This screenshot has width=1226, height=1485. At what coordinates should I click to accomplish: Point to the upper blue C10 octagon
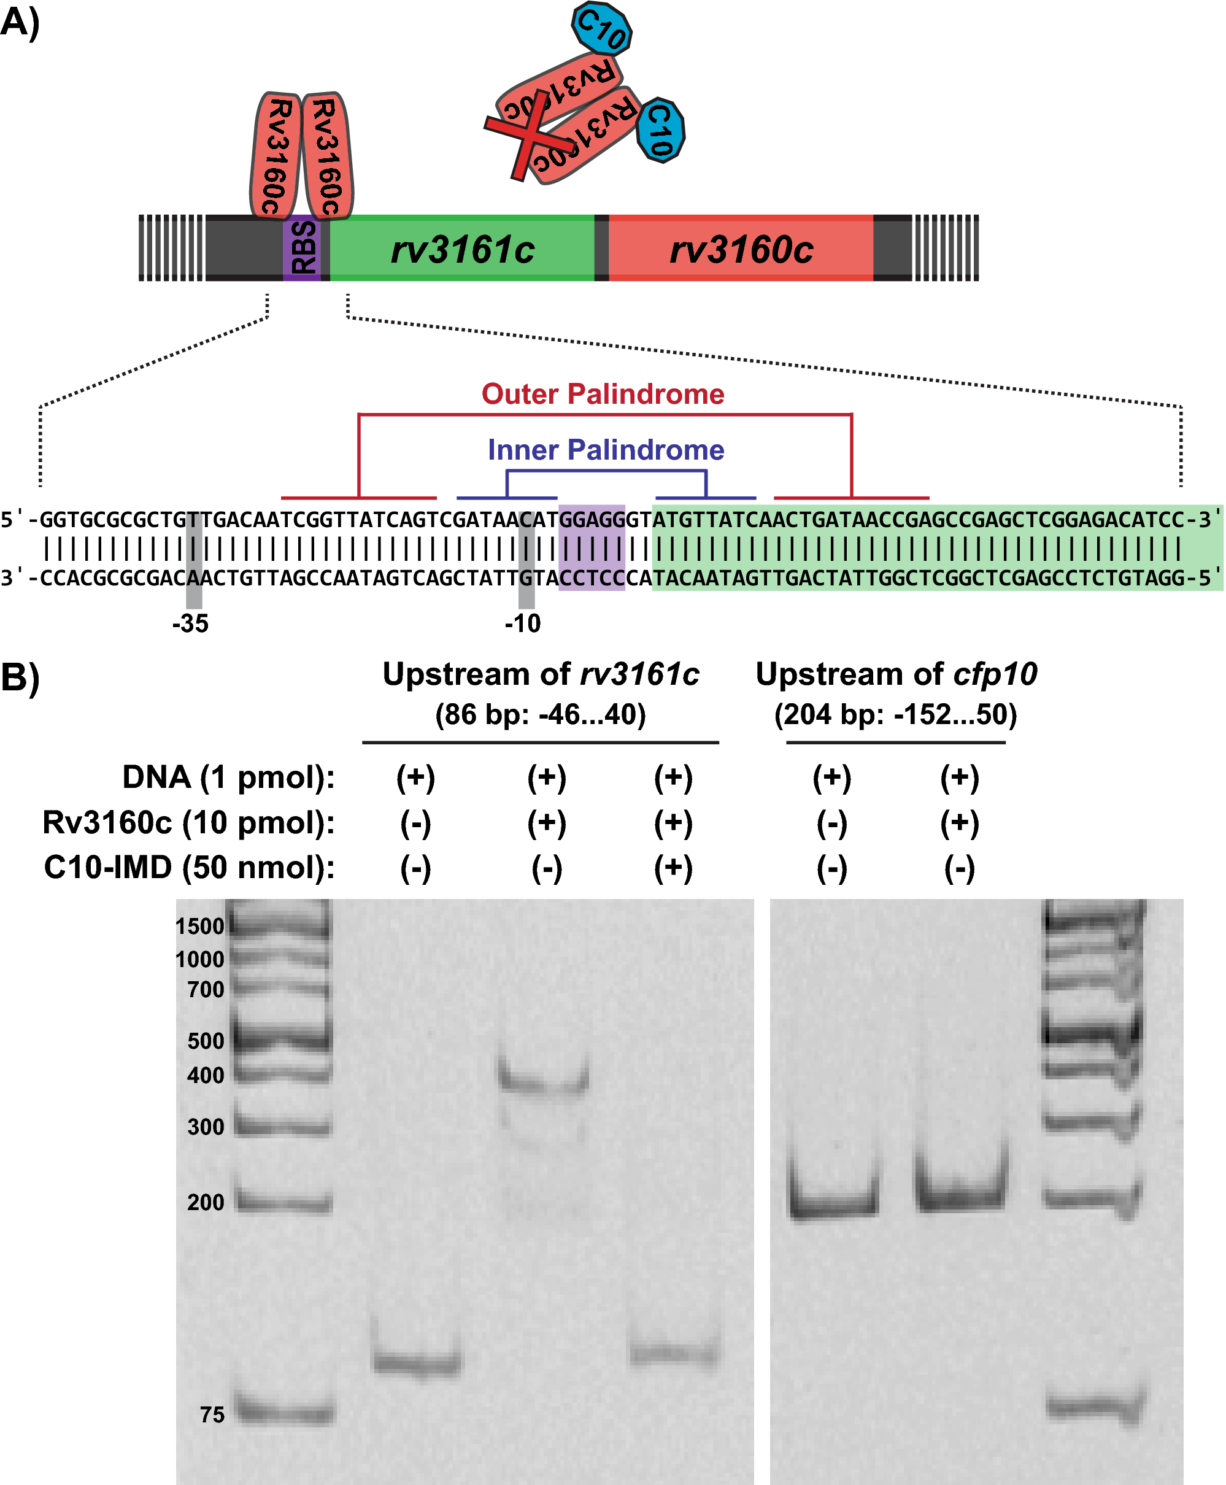(601, 29)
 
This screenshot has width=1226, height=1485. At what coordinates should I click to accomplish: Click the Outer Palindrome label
(603, 394)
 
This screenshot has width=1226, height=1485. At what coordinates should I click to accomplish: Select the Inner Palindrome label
(606, 450)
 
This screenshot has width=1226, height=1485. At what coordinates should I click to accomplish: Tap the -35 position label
(190, 623)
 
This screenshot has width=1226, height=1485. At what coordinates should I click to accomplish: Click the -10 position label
(523, 623)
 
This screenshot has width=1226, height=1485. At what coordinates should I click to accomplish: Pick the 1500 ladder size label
(200, 927)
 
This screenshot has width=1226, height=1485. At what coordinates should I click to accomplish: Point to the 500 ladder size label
(206, 1041)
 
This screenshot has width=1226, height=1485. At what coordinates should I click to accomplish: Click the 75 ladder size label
(212, 1414)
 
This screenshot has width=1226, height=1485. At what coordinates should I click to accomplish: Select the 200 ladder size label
(206, 1202)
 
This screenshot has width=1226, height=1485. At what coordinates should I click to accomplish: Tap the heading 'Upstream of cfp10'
(896, 674)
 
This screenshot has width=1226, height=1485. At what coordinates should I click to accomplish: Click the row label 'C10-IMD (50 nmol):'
(189, 868)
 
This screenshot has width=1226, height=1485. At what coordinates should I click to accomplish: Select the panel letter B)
(20, 676)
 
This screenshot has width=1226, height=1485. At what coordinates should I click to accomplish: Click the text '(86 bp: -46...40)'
(540, 715)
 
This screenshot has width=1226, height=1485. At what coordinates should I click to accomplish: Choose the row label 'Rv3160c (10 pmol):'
(188, 823)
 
